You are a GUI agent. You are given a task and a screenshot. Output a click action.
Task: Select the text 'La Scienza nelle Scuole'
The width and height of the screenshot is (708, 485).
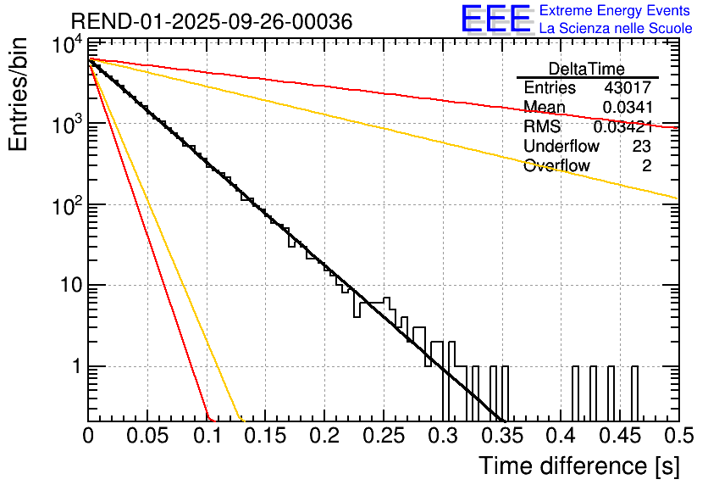616,29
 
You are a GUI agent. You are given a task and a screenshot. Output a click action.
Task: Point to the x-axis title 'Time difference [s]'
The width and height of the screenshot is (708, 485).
578,465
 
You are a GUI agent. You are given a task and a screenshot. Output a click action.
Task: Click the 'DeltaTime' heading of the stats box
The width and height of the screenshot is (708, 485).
587,69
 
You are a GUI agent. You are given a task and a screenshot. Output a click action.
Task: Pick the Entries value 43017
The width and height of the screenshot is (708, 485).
628,88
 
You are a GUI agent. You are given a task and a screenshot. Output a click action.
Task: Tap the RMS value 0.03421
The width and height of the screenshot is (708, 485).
622,127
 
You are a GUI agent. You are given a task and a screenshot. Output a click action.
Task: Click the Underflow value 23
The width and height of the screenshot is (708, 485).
641,147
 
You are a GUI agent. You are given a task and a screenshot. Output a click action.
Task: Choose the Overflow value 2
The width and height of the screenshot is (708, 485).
646,166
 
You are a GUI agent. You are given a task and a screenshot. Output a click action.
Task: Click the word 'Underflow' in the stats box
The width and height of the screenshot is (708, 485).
561,147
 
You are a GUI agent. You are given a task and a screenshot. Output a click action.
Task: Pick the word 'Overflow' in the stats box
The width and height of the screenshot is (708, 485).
556,166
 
